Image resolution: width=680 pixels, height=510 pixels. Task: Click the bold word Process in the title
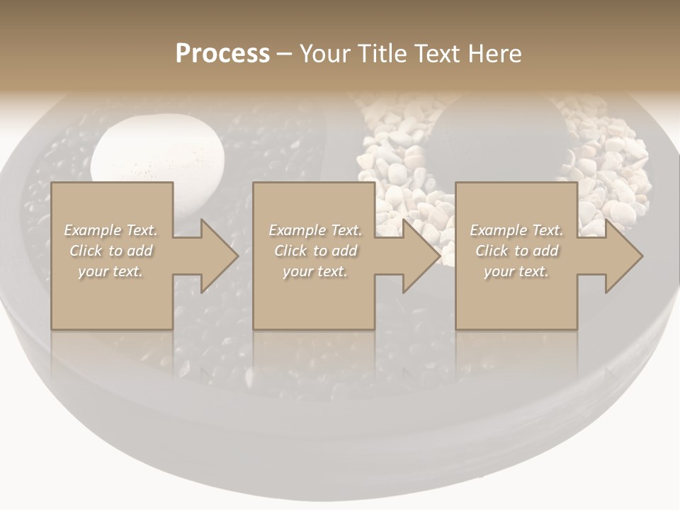[x=222, y=54]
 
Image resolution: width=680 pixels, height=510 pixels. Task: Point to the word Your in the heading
[x=324, y=54]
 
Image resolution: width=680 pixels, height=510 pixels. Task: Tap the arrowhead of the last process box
[x=620, y=256]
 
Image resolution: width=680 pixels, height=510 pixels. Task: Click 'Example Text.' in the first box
[x=110, y=230]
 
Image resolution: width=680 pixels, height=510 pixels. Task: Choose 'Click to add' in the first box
[x=110, y=251]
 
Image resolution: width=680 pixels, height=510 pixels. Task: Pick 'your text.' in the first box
[x=110, y=271]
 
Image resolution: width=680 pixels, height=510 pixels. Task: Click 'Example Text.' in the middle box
[x=315, y=230]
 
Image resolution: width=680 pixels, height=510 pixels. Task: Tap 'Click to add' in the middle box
[x=315, y=251]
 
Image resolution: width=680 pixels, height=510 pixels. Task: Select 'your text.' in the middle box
[x=315, y=271]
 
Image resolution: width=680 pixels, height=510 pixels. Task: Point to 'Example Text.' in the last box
[x=516, y=230]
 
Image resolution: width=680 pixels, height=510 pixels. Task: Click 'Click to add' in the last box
[x=516, y=251]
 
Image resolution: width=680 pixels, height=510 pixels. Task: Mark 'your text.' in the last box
[x=516, y=271]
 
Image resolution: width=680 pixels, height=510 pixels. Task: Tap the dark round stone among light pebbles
[x=499, y=142]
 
